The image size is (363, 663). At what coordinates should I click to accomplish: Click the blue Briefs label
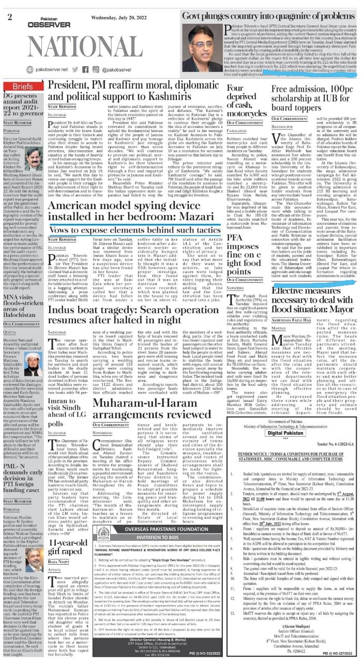[22, 86]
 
